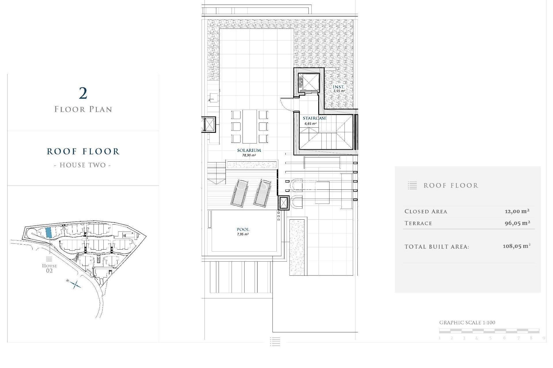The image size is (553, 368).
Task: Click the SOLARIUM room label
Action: (249, 150)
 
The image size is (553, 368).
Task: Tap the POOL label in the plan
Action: (243, 229)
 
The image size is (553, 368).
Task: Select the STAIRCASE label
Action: (314, 118)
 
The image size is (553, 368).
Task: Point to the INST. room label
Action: (338, 87)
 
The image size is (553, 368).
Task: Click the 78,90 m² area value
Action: (249, 155)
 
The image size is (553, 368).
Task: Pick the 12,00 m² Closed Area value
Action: (517, 211)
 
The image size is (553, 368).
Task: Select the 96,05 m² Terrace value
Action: (517, 223)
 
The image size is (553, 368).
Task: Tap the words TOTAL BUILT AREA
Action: (437, 247)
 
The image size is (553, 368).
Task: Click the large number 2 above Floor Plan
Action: (83, 93)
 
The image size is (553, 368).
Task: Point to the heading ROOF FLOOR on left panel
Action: (83, 152)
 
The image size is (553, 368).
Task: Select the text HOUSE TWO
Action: (83, 165)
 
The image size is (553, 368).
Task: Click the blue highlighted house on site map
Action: (49, 232)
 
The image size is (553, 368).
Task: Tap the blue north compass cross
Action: (75, 285)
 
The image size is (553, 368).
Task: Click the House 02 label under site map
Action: (49, 268)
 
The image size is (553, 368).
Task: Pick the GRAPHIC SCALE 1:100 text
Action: (467, 323)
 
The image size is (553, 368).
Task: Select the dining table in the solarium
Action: (249, 126)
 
